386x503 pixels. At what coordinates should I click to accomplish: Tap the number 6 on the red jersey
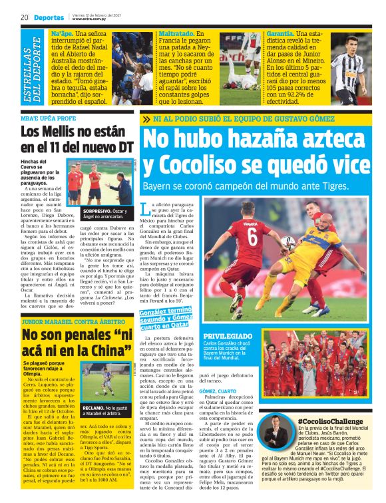[x=253, y=236]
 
